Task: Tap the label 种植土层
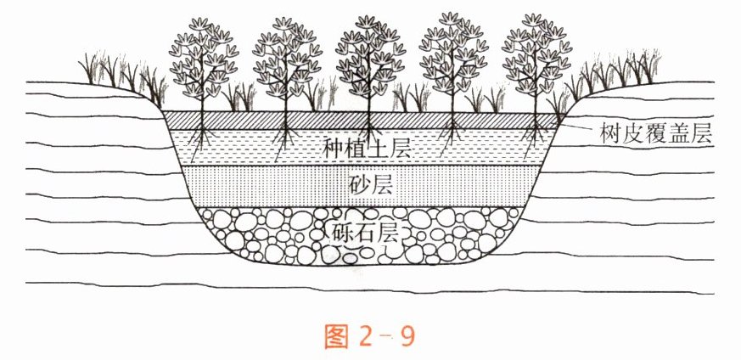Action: [368, 147]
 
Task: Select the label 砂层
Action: [370, 184]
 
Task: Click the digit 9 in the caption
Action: [406, 335]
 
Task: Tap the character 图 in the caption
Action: [338, 335]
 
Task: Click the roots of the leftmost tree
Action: [202, 136]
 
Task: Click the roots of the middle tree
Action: [369, 136]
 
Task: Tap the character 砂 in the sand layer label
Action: [358, 184]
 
